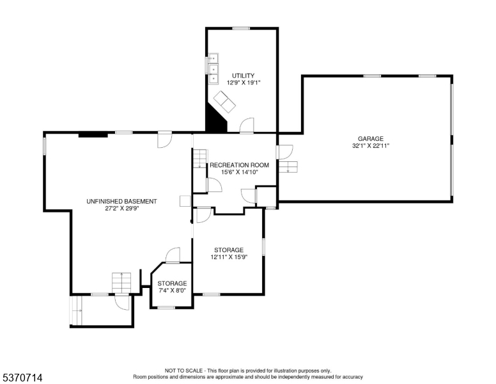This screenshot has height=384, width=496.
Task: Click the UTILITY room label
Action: point(243,76)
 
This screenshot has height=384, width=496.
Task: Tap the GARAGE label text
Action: point(370,138)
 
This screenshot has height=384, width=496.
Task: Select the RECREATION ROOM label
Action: point(240,164)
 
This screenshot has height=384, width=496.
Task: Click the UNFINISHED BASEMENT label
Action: point(121,201)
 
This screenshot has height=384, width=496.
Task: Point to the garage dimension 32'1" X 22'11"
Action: point(370,146)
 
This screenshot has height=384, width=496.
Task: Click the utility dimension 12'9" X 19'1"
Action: point(243,83)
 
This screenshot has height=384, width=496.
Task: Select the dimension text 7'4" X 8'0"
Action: point(173,291)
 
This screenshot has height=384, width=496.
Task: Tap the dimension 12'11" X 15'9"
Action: point(229,257)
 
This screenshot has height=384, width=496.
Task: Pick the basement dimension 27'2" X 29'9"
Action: point(121,209)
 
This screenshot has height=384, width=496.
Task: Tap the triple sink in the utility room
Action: point(213,69)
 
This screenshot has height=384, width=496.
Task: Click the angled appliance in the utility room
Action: point(224,100)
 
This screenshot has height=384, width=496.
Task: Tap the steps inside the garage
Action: point(288,167)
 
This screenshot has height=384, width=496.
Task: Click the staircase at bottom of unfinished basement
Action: point(121,282)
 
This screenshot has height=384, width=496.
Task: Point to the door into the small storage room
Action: point(173,255)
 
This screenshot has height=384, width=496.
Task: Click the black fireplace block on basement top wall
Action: point(93,134)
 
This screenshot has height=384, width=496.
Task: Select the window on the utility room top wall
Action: point(241,28)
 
